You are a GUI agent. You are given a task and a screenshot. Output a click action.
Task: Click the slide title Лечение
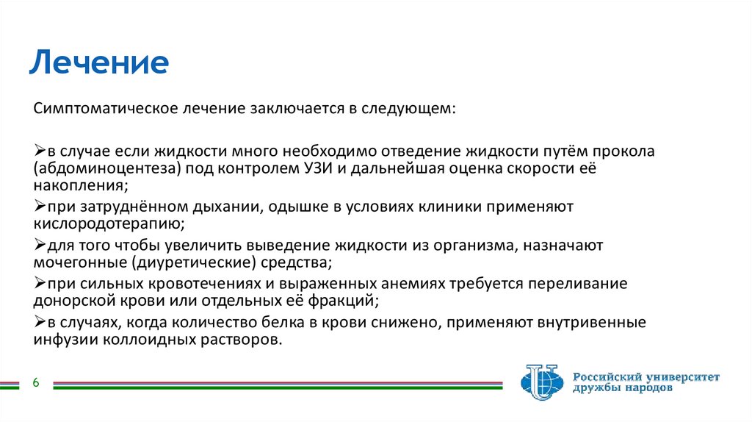pyautogui.click(x=99, y=63)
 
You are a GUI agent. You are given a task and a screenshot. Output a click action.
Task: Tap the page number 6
pyautogui.click(x=35, y=382)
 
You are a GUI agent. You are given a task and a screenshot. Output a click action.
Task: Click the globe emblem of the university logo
pyautogui.click(x=543, y=382)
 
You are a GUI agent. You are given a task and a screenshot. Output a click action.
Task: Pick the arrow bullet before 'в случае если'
pyautogui.click(x=40, y=151)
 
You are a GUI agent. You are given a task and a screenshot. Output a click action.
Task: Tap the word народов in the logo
pyautogui.click(x=643, y=387)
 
